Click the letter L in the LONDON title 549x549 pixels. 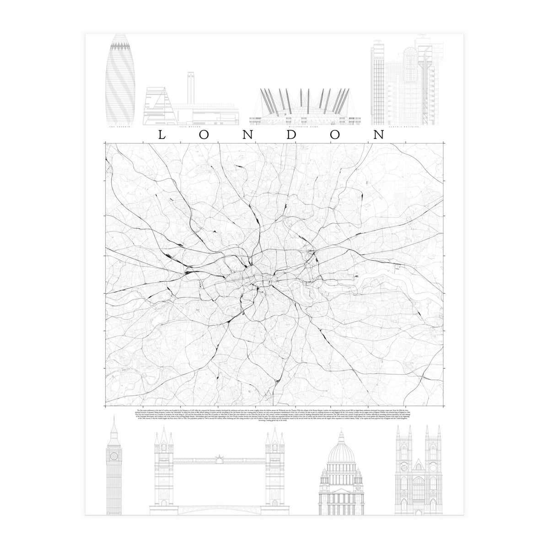161,135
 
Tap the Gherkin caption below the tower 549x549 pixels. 120,126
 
